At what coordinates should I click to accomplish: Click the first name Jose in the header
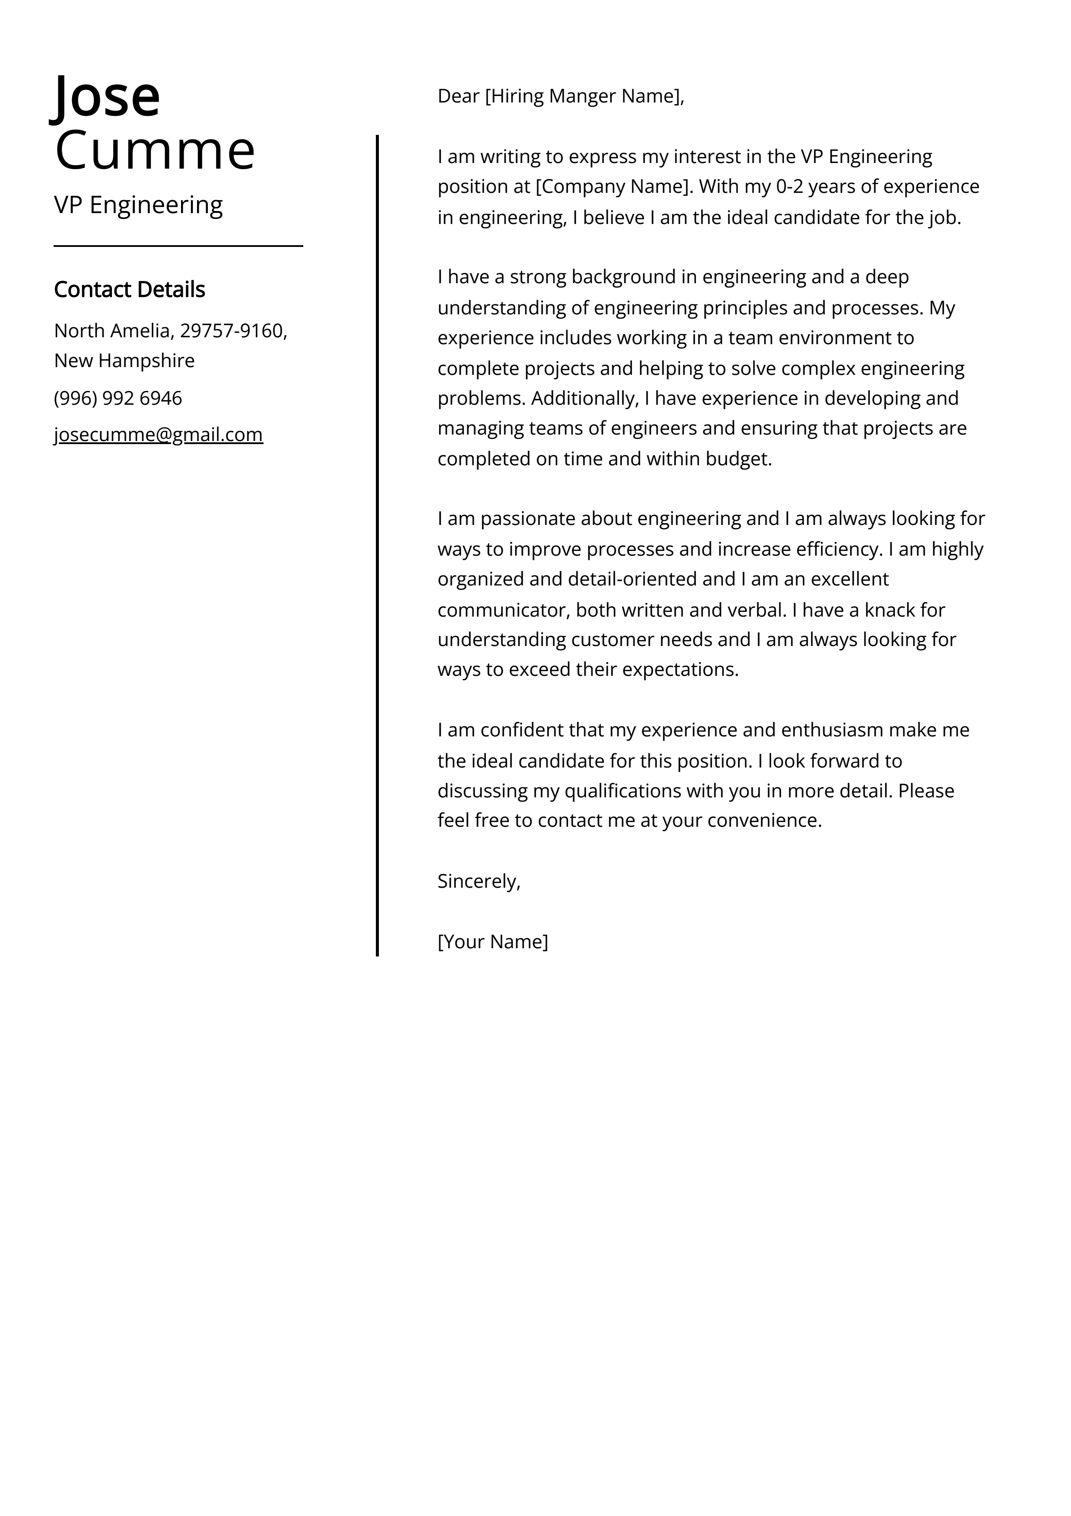[x=107, y=96]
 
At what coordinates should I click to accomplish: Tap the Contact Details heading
[x=129, y=289]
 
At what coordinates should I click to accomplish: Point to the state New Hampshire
[x=124, y=361]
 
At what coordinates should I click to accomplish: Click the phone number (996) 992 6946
[x=118, y=398]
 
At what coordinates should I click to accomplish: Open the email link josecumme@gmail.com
[x=159, y=435]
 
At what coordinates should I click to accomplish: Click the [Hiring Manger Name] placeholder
[x=584, y=96]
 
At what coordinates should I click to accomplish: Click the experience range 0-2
[x=789, y=187]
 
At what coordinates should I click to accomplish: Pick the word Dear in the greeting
[x=458, y=96]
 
